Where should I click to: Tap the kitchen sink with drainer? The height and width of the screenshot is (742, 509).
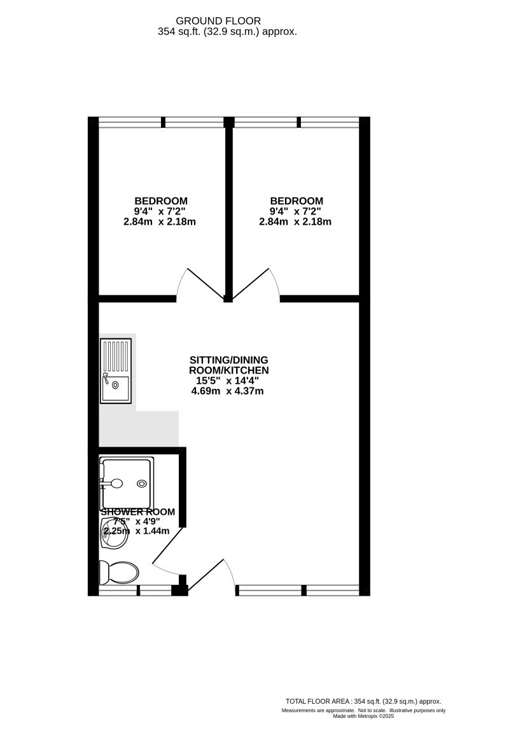(x=115, y=370)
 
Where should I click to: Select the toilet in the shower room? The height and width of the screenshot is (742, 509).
(x=119, y=572)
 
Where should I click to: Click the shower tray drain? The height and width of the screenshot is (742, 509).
(x=141, y=484)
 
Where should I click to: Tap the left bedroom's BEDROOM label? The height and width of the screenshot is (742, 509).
(x=160, y=200)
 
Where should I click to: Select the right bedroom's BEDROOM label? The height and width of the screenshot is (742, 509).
(x=296, y=200)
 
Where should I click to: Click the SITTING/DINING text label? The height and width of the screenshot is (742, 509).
(x=228, y=360)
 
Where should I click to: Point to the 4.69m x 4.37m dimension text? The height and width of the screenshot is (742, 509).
(x=227, y=391)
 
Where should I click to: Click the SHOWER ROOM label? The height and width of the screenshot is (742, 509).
(x=137, y=512)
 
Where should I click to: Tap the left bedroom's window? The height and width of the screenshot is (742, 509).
(x=162, y=122)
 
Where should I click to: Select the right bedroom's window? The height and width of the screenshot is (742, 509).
(x=296, y=122)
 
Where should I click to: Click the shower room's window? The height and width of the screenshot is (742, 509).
(x=135, y=590)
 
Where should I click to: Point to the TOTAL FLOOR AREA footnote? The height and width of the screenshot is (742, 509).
(x=363, y=701)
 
